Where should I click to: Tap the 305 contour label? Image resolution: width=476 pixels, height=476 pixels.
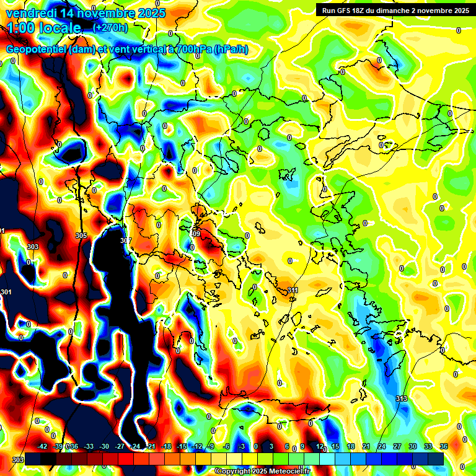tap(81, 236)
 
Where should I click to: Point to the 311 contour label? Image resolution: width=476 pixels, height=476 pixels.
tap(293, 290)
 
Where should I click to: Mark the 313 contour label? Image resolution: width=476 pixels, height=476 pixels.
tap(402, 399)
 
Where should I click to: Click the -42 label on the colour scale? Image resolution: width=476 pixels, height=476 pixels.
tap(42, 446)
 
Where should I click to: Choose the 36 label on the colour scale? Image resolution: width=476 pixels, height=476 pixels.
tap(444, 446)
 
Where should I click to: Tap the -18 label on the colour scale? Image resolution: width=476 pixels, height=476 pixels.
tap(166, 446)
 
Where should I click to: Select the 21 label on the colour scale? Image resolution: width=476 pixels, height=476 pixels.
tap(366, 446)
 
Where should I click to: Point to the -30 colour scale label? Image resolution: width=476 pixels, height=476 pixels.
tap(104, 446)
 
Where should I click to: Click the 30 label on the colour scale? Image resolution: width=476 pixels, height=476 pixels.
tap(413, 446)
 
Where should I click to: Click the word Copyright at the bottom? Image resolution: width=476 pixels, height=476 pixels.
tap(235, 472)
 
